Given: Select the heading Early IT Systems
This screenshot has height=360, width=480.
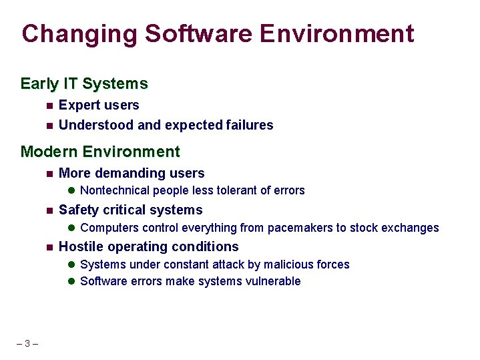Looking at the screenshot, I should pos(84,84).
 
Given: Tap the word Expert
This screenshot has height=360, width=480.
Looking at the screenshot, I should pos(79,106).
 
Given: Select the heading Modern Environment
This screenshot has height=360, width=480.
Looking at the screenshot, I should pos(100,152).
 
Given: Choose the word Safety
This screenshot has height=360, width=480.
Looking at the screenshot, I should pos(78,210).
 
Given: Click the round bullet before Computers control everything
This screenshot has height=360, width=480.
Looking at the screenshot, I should pos(72,228).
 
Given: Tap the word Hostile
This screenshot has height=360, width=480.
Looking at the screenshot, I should pos(81,247).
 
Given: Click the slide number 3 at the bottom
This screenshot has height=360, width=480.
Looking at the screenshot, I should pos(27,344).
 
